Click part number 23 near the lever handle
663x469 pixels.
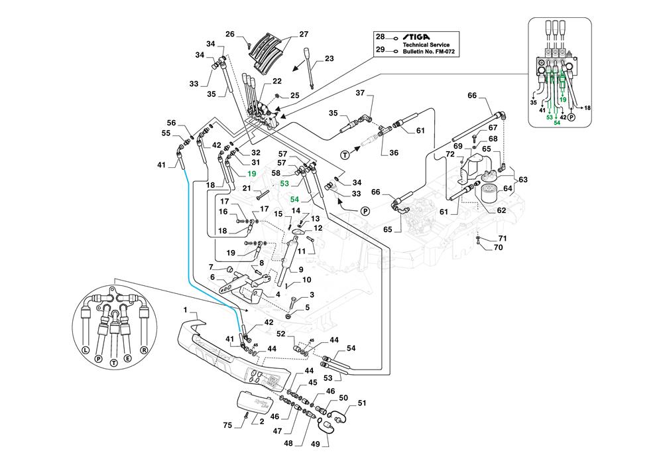click(330, 60)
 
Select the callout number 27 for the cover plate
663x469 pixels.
click(304, 34)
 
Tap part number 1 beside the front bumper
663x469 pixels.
click(186, 310)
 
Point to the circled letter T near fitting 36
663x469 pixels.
click(345, 153)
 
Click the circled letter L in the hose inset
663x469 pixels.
click(85, 349)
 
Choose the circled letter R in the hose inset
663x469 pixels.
click(145, 349)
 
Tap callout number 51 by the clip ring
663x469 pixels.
click(362, 403)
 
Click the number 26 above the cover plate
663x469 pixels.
click(229, 34)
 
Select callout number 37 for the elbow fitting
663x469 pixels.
click(361, 93)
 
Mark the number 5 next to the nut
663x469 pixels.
click(307, 307)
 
